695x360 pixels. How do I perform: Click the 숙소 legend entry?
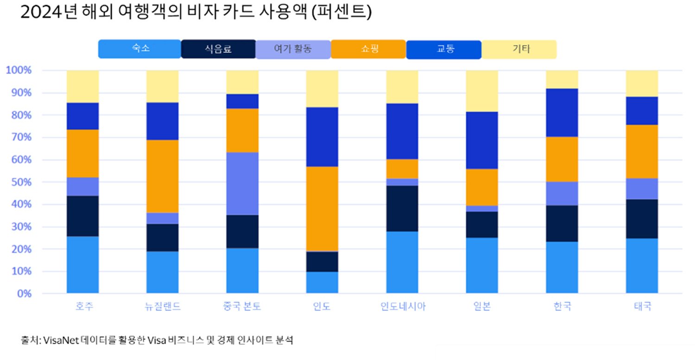click(x=139, y=49)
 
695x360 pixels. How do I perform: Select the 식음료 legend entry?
click(x=218, y=49)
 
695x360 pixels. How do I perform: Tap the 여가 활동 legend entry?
click(x=293, y=49)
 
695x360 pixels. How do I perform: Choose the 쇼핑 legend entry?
click(x=368, y=49)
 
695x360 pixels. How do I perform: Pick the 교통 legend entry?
click(x=444, y=49)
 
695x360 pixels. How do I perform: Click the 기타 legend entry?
click(x=519, y=49)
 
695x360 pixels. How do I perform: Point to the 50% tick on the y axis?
click(x=21, y=182)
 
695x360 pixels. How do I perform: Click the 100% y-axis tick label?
click(x=19, y=70)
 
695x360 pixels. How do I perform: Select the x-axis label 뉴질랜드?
click(x=162, y=307)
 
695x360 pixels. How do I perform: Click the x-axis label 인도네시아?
click(x=402, y=307)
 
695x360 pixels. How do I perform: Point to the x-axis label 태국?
click(x=642, y=307)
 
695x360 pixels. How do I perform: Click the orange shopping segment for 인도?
click(x=322, y=209)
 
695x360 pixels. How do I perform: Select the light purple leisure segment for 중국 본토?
click(x=242, y=183)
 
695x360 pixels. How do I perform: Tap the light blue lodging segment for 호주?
click(x=82, y=265)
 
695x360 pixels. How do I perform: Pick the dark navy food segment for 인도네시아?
click(x=402, y=208)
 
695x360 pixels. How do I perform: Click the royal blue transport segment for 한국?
click(x=562, y=113)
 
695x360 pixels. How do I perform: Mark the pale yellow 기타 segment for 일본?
click(x=482, y=91)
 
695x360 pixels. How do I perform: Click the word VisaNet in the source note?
click(x=60, y=340)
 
